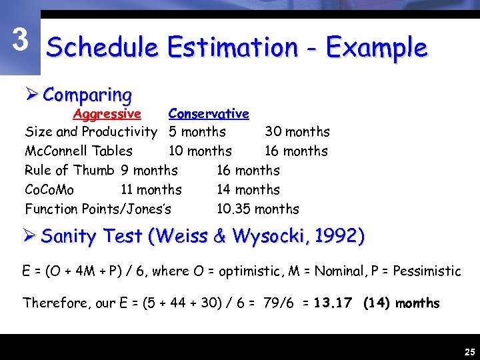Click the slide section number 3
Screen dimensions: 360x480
[21, 40]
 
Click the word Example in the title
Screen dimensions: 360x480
[377, 47]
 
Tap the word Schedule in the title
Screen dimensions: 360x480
[102, 47]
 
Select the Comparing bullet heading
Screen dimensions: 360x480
[87, 95]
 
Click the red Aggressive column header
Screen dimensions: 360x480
[107, 114]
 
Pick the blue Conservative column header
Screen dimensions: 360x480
[209, 114]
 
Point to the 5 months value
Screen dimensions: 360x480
[197, 132]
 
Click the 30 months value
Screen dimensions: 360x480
[297, 132]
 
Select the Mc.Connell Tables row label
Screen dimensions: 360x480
[79, 151]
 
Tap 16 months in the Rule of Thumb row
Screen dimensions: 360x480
[248, 171]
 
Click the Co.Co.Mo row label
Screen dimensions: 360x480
[49, 190]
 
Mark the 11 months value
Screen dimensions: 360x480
[151, 190]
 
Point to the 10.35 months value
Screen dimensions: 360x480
[257, 209]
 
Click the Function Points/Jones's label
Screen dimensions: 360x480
[98, 209]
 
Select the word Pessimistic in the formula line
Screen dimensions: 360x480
[427, 271]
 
